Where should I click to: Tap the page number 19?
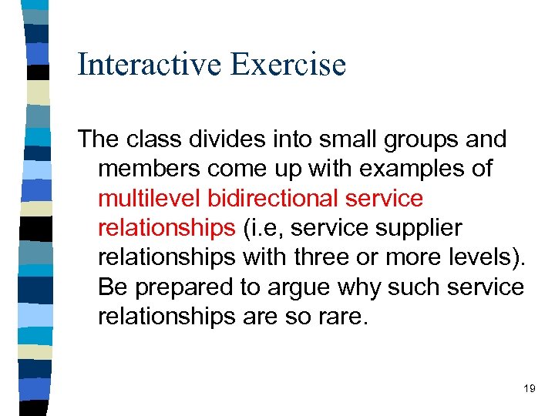coord(529,389)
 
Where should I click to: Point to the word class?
coord(159,139)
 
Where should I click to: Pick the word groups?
coord(416,139)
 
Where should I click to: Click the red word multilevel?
coord(150,198)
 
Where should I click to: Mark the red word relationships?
coord(166,228)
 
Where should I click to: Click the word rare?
coord(342,317)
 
